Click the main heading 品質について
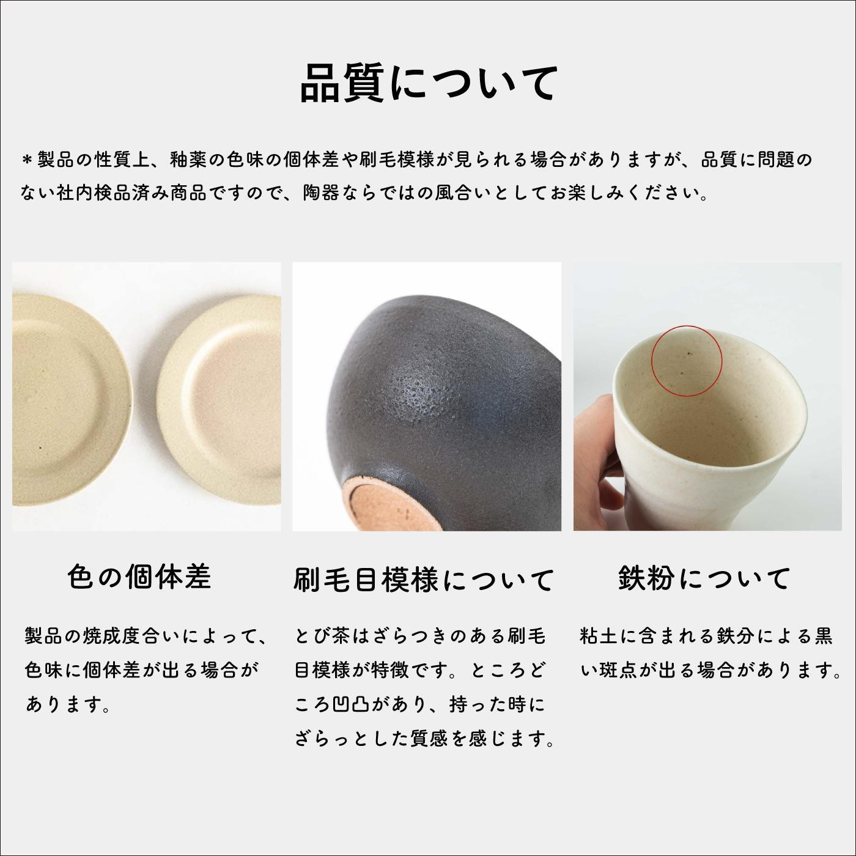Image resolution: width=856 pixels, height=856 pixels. (429, 83)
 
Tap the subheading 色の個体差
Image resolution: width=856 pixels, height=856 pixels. (139, 577)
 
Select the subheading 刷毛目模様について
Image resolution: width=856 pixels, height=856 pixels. (424, 580)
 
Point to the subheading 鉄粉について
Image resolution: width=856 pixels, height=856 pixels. (704, 578)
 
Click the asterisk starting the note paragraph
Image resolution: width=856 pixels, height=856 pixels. (28, 160)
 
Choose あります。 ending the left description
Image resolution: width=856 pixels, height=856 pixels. (68, 704)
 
